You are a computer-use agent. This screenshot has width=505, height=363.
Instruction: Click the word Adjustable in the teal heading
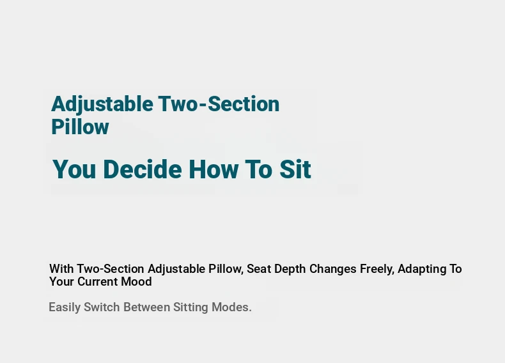click(102, 104)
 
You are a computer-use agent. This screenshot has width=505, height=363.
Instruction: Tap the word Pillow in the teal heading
click(80, 127)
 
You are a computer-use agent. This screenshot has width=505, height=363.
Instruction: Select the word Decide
click(143, 169)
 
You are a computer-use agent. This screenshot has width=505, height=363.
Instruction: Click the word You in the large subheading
click(74, 169)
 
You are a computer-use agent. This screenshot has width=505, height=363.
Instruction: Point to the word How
click(214, 169)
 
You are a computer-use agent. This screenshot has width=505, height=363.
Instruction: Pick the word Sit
click(295, 169)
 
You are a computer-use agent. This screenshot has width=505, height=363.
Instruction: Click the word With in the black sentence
click(61, 268)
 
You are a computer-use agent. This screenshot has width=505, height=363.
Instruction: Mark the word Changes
click(332, 269)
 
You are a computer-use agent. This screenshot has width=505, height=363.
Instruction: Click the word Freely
click(377, 269)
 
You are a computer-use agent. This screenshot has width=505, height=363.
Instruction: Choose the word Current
click(98, 281)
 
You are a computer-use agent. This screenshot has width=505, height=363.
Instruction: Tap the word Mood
click(136, 281)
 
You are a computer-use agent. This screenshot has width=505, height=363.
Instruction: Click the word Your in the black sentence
click(62, 281)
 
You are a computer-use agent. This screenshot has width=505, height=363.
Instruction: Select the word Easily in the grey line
click(65, 307)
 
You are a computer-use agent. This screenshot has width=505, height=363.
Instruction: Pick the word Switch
click(102, 307)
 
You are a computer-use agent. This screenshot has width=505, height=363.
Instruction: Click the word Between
click(146, 307)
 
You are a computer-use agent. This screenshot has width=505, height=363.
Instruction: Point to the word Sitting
click(190, 307)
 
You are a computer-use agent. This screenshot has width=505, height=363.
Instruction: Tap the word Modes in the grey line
click(230, 307)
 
